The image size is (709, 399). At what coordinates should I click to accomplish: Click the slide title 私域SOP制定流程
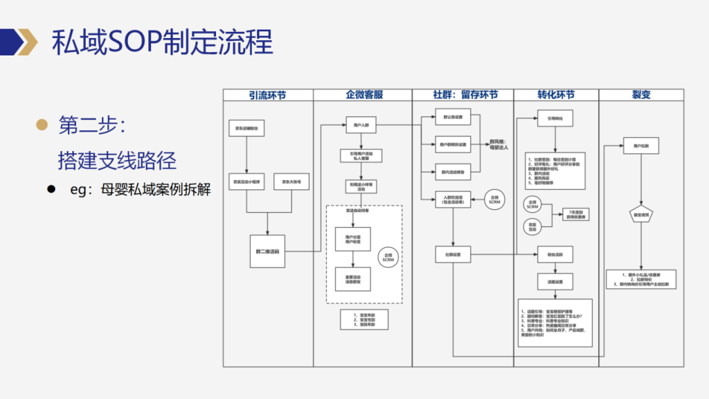pos(163,42)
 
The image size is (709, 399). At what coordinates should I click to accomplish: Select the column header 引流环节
pos(267,95)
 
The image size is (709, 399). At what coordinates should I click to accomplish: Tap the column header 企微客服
pos(362,95)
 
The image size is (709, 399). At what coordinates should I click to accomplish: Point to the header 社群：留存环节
pos(462,95)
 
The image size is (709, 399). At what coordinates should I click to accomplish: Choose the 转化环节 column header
pos(555,95)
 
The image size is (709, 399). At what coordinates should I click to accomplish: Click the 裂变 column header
pos(640,95)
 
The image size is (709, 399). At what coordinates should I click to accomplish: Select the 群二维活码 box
pos(267,251)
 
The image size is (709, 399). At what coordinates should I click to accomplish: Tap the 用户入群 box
pos(361,126)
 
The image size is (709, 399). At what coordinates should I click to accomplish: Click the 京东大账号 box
pos(291,181)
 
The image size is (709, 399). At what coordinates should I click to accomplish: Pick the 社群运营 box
pos(453,254)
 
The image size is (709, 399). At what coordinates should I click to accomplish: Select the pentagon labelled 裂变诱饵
pos(641,215)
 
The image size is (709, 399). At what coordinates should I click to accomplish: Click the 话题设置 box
pos(555,281)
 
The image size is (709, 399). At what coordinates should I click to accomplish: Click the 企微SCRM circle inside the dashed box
pos(388,257)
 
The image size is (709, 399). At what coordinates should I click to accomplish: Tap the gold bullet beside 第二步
pos(42,125)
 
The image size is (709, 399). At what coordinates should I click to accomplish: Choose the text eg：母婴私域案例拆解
pos(140,190)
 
